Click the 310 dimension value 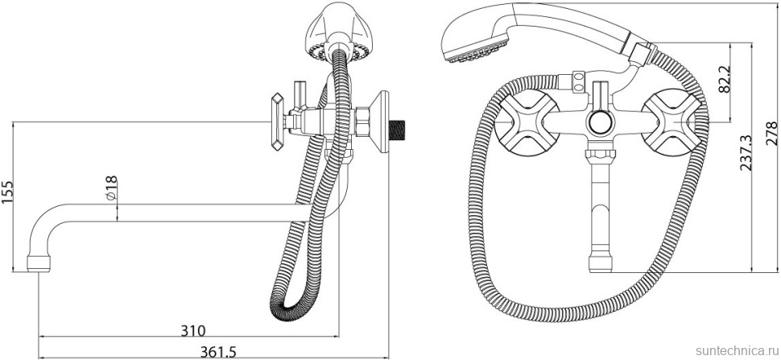coord(192,329)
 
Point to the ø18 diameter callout coord(112,188)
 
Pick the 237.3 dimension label coord(745,153)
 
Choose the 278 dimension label coord(771,132)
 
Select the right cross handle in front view coord(671,122)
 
